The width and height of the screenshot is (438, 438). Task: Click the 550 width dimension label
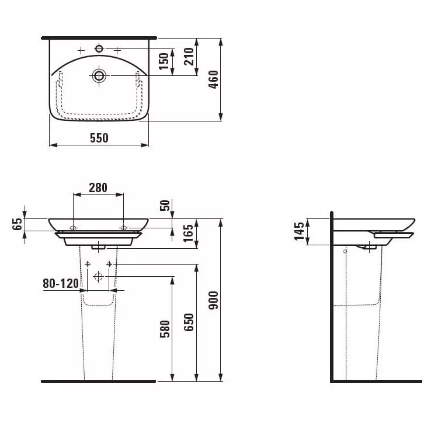coord(99,138)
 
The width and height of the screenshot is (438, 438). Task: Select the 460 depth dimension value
coord(213,79)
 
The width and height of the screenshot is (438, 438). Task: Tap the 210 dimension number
coord(189,57)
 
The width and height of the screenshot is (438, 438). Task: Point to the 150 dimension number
coord(164,61)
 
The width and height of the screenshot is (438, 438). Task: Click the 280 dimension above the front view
coord(98,187)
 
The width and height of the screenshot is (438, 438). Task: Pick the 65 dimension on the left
coord(18,224)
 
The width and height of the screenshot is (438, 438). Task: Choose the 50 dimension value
coord(165,206)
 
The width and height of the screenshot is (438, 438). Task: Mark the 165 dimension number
coord(189,233)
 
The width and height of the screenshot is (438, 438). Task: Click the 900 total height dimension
coord(213,300)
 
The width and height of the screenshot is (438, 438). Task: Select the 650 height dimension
coord(189,322)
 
